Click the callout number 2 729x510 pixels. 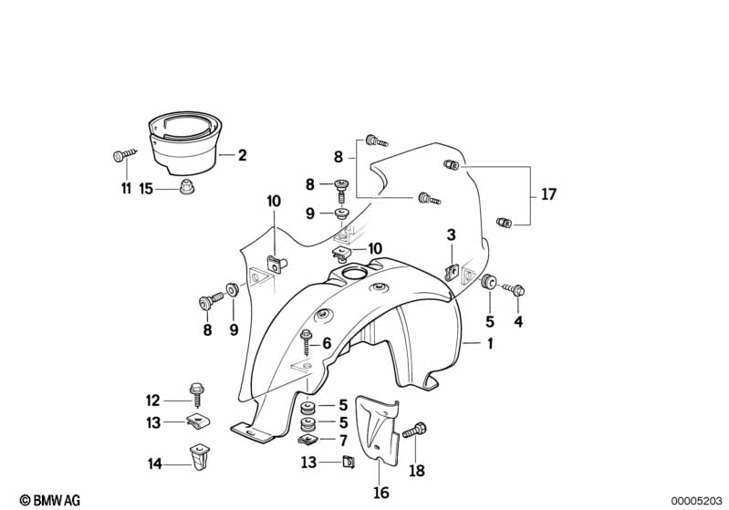[x=242, y=156]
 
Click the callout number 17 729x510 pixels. [x=547, y=194]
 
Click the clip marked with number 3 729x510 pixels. [x=452, y=272]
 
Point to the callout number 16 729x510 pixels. [x=380, y=494]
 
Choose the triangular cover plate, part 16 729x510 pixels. [x=378, y=429]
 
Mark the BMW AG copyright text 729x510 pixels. [x=50, y=499]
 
